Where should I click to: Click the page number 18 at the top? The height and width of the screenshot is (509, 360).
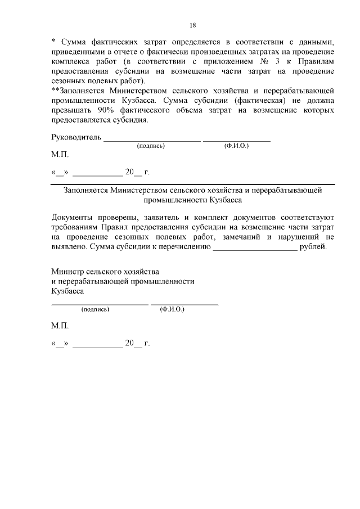coord(192,25)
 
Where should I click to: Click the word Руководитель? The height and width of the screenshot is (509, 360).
coord(76,137)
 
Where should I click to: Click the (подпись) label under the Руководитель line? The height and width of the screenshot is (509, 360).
coord(151,146)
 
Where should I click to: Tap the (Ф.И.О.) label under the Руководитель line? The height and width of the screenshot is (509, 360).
coord(236,146)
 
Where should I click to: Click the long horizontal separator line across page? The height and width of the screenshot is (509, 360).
coord(192,184)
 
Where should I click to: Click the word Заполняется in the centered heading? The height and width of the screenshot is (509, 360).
coord(86,191)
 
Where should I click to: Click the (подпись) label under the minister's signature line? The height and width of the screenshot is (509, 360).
coord(95,309)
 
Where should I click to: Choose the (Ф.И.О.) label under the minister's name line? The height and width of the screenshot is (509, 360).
coord(172,309)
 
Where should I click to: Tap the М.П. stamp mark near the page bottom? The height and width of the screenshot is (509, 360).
coord(60,326)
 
